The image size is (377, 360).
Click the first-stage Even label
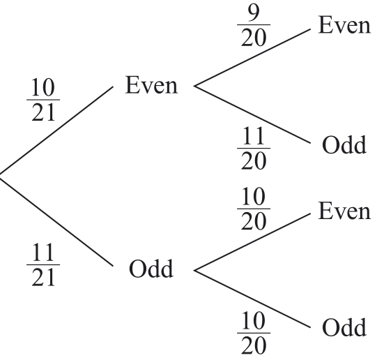click(x=152, y=86)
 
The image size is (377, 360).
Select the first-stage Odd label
click(x=151, y=269)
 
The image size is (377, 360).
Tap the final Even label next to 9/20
click(x=344, y=25)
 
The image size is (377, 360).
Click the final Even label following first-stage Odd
click(x=344, y=210)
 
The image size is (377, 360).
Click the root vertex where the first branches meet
click(x=2, y=176)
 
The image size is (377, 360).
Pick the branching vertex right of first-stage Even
click(x=194, y=87)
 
